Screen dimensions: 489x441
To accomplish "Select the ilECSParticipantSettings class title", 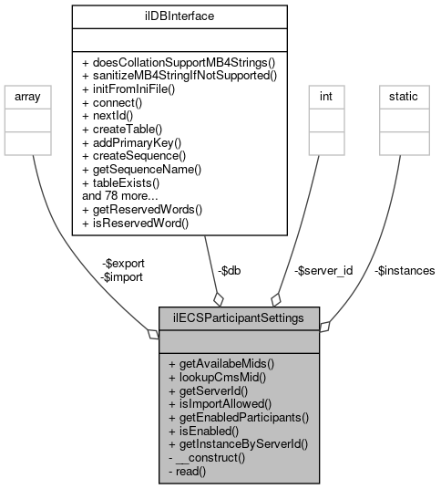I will [240, 318].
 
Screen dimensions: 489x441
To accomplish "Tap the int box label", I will [323, 95].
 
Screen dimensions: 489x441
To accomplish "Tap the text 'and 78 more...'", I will [121, 194].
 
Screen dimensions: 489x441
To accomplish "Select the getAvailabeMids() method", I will [221, 362].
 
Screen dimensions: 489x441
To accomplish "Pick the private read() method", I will [188, 471].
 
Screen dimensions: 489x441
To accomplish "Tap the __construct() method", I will [208, 458].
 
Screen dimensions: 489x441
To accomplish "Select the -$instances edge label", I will [404, 270].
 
